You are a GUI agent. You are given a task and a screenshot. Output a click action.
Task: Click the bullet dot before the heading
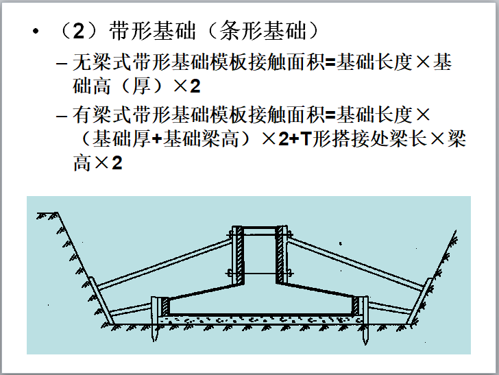pos(36,32)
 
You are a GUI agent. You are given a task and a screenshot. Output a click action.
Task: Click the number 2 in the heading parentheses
pos(79,31)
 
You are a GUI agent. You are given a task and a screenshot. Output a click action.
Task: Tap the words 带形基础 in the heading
pos(152,31)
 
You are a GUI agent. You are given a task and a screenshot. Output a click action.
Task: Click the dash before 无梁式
pos(62,63)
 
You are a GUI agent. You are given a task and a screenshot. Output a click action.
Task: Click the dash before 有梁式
pos(62,116)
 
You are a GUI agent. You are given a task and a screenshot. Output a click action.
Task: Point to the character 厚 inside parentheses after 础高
pos(142,86)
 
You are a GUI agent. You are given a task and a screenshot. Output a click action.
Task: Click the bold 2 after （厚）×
pos(195,86)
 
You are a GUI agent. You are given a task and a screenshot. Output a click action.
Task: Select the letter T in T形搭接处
pos(305,138)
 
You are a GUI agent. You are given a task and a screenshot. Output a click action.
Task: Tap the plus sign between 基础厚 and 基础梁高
pos(157,139)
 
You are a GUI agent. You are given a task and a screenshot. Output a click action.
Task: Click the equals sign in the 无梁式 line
pos(330,62)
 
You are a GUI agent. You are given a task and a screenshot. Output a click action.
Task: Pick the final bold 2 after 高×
pos(117,163)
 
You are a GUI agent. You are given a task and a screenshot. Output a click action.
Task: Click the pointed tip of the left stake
pos(155,341)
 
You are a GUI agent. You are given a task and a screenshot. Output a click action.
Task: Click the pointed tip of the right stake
pos(365,343)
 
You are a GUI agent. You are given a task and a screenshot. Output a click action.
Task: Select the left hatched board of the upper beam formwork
pos(240,255)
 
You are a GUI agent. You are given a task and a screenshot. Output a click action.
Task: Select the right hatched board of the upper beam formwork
pos(280,255)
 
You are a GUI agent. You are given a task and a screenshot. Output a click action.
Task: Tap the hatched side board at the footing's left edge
pos(165,307)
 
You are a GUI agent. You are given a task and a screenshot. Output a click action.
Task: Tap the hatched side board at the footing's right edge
pos(356,306)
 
